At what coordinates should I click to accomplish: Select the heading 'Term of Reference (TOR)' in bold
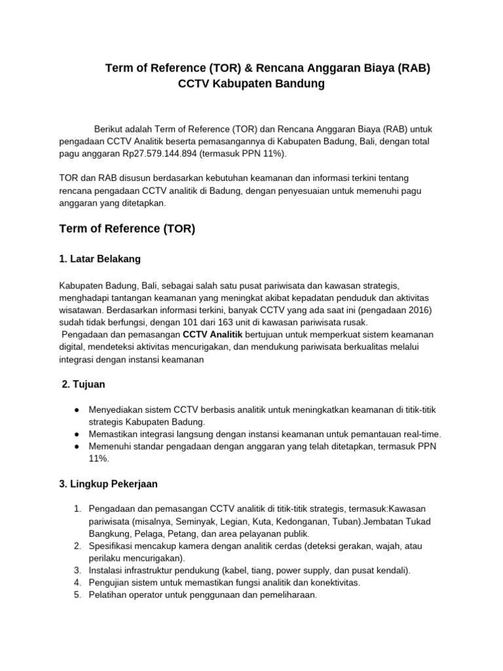(x=127, y=229)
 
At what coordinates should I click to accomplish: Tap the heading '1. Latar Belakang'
(x=100, y=259)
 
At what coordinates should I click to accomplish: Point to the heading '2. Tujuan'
(x=83, y=384)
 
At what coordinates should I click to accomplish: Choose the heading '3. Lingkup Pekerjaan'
(x=108, y=484)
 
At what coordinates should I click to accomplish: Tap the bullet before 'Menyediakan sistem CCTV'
(x=77, y=410)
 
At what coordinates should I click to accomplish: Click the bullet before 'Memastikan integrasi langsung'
(x=77, y=434)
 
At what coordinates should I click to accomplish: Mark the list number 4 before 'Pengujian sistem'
(x=77, y=583)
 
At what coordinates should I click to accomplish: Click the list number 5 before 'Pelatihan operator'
(x=77, y=595)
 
